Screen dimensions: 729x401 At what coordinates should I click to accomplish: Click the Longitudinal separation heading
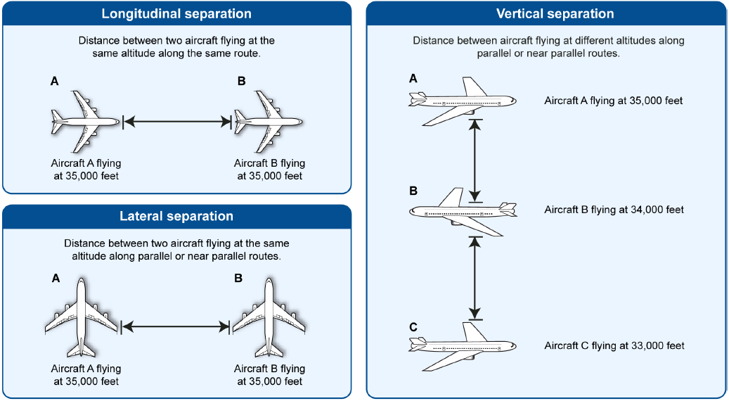tap(176, 13)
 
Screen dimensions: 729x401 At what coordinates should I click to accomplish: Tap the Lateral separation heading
tap(176, 216)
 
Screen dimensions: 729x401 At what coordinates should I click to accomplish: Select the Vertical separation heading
tap(555, 13)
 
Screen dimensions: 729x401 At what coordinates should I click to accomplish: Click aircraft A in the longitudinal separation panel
tap(86, 122)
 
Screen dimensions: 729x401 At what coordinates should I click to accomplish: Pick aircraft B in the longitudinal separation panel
tap(269, 122)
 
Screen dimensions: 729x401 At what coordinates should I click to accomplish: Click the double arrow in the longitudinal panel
tap(177, 122)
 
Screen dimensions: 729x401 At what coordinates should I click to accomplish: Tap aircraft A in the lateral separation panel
tap(82, 318)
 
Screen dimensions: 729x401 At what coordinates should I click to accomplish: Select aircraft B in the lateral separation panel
tap(269, 318)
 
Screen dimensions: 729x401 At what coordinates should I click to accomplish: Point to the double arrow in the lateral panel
tap(176, 327)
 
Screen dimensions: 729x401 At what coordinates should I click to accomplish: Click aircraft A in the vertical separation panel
tap(463, 101)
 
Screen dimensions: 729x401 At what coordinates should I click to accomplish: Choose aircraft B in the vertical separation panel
tap(463, 212)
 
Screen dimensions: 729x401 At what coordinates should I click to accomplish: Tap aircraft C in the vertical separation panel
tap(463, 347)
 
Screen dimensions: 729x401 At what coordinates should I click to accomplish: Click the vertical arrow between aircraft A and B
tap(475, 161)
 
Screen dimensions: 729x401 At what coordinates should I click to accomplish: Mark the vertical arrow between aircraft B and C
tap(475, 278)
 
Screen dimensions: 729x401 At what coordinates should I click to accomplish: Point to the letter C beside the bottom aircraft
tap(413, 328)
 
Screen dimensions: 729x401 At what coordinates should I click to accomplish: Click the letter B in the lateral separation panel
tap(238, 278)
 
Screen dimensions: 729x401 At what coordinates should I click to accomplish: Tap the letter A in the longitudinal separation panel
tap(54, 82)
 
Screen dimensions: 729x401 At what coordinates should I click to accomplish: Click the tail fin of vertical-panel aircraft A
tap(475, 87)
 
